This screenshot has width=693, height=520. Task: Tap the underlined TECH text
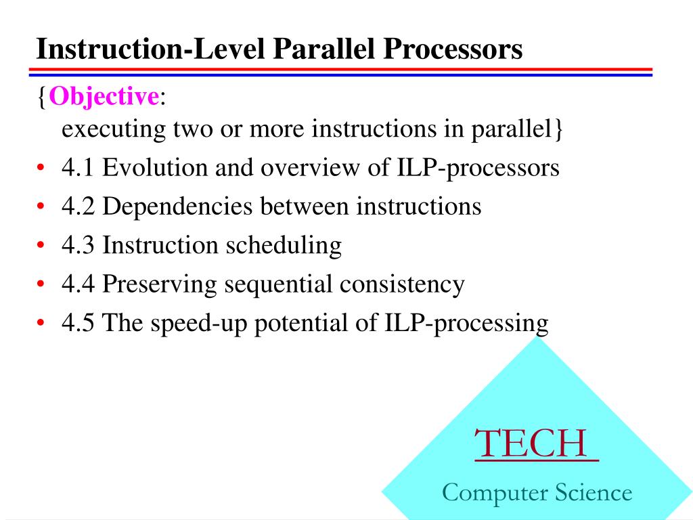[x=536, y=443]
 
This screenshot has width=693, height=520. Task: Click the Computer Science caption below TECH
[x=537, y=492]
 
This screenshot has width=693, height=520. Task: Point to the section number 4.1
[x=79, y=168]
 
